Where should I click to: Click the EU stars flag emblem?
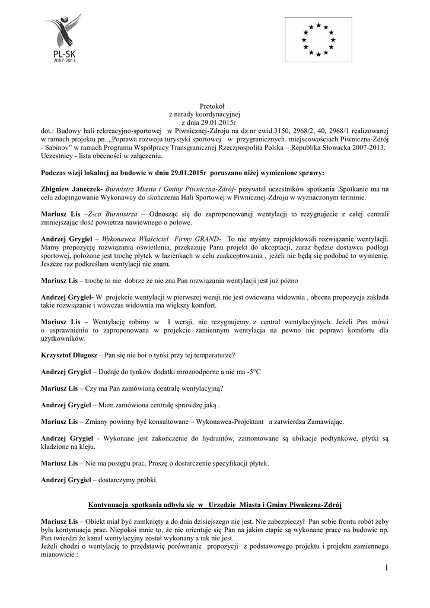pyautogui.click(x=318, y=39)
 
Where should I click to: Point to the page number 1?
pyautogui.click(x=386, y=568)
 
